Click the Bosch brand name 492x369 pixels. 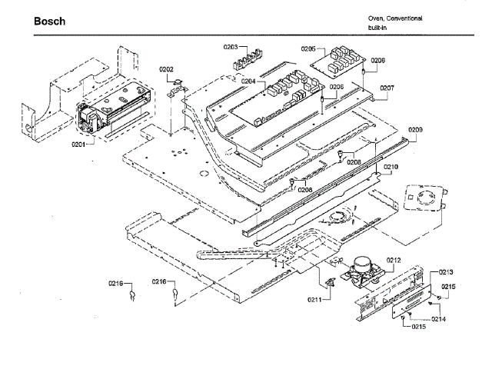tap(49, 21)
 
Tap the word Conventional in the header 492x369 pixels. tap(404, 18)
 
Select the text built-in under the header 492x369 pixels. tap(377, 27)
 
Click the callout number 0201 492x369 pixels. tap(79, 144)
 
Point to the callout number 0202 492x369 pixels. tap(166, 69)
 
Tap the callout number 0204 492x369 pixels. tap(248, 81)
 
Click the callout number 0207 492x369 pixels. tap(387, 88)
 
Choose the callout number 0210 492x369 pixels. tap(391, 167)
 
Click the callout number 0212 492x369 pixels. tap(394, 261)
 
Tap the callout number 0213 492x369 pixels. tap(446, 272)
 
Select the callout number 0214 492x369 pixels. tap(439, 318)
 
